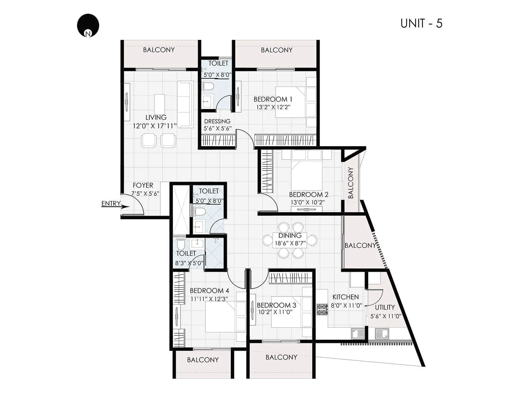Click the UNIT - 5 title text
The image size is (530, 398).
point(421,24)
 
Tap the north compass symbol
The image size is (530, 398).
point(88,25)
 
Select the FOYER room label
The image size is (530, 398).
point(143,185)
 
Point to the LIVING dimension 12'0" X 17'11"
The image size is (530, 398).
point(155,126)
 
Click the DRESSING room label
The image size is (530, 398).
point(217,121)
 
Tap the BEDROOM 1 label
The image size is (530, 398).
point(273,99)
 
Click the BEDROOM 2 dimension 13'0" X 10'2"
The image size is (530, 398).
point(307,202)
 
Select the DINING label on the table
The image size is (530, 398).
point(290,235)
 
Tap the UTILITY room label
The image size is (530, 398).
point(385,307)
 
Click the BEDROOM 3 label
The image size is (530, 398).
point(277,305)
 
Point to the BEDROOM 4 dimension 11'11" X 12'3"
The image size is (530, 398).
point(209,298)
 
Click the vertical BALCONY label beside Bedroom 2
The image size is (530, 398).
point(351,183)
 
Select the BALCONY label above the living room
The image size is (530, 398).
point(159,50)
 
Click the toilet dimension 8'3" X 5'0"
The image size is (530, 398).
point(189,263)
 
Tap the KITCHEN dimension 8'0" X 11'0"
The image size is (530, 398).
point(346,305)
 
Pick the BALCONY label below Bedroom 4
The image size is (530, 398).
point(203,360)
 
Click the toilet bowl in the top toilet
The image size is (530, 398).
point(209,87)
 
